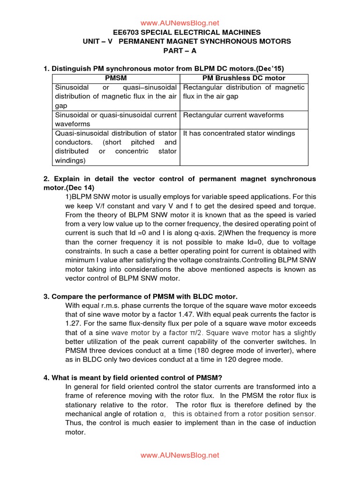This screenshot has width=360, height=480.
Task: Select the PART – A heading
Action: (x=180, y=50)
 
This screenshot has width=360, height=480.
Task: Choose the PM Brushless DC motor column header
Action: (x=244, y=78)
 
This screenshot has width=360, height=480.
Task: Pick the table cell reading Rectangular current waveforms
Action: (x=233, y=115)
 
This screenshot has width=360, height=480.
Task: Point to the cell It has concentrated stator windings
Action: (x=239, y=133)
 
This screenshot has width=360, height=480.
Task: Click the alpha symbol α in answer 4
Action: (x=162, y=414)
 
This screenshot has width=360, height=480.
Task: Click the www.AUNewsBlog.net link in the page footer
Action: (x=180, y=455)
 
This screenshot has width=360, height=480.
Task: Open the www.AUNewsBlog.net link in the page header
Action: (x=180, y=23)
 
